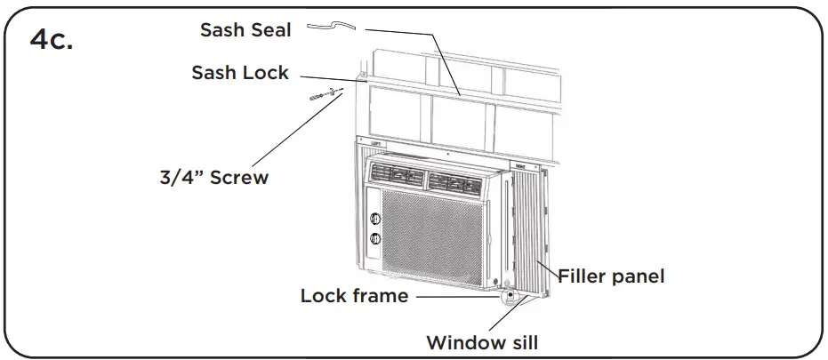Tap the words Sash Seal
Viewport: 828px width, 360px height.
coord(246,30)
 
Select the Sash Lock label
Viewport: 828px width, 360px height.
coord(240,72)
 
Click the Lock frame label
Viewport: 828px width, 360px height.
coord(354,295)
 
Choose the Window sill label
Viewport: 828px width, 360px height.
coord(482,341)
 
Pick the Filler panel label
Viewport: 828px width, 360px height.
coord(611,276)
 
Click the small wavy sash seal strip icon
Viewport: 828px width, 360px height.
coord(331,29)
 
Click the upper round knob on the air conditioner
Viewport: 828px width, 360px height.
coord(374,217)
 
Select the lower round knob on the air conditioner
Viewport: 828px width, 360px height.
coord(374,237)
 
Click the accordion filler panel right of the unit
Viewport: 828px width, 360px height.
coord(536,231)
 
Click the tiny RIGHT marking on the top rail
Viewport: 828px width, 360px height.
coord(520,165)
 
